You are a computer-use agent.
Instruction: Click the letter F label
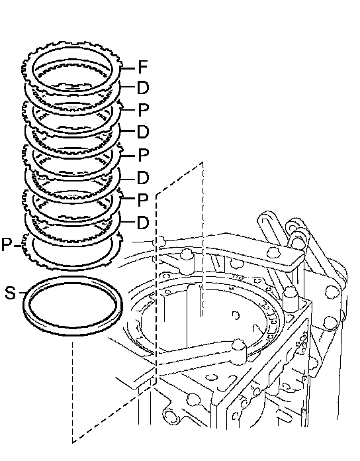pos(142,67)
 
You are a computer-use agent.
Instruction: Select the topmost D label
pos(143,87)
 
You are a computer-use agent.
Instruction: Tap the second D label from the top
pos(143,132)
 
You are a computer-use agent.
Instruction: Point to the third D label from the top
pos(143,178)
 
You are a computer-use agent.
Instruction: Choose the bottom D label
pos(143,223)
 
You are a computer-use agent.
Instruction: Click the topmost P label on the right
pos(143,110)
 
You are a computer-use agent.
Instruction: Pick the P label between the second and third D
pos(143,154)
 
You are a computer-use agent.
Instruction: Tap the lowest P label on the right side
pos(143,200)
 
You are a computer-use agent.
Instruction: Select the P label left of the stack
pos(7,244)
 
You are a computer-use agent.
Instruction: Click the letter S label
pos(11,293)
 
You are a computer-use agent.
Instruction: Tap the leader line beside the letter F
pos(128,68)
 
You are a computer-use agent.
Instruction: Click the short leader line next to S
pos(21,293)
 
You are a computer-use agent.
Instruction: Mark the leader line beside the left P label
pos(19,246)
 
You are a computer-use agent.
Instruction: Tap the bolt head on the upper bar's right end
pos(274,252)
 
